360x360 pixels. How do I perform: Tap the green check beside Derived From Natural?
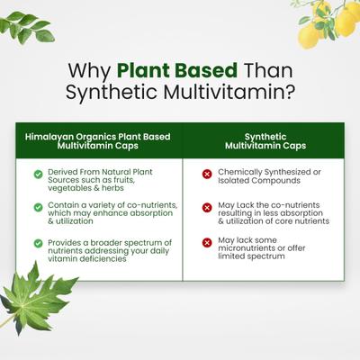(38, 174)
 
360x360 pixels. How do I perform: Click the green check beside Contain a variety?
(38, 207)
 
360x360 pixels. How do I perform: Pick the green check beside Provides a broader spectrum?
(38, 243)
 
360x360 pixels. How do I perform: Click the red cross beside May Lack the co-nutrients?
(207, 207)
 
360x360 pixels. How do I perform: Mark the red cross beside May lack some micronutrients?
(207, 241)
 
